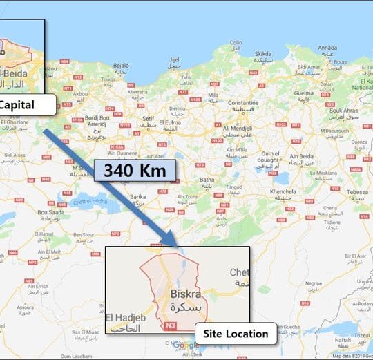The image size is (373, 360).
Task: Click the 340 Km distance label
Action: (x=135, y=170)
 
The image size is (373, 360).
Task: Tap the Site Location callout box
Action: (x=236, y=334)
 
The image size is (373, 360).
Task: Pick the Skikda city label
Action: (x=263, y=53)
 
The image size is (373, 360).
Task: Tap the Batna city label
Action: (x=206, y=176)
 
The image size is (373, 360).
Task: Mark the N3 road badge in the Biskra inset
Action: (x=171, y=325)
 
